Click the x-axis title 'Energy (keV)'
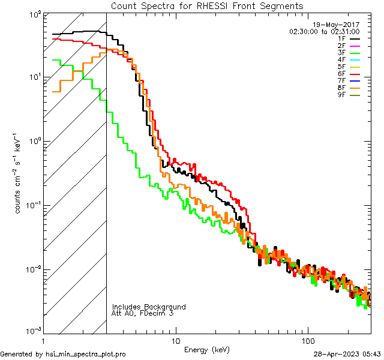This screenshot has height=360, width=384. (207, 349)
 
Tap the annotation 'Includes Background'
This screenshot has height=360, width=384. (149, 307)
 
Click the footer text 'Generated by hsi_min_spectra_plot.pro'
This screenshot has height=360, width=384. (63, 355)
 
